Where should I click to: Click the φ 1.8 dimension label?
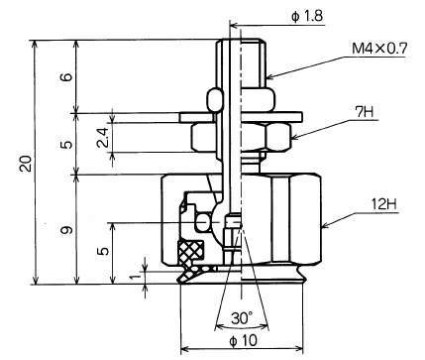307,16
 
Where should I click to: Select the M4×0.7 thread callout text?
379,49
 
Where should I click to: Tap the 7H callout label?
365,112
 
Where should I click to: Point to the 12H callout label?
384,204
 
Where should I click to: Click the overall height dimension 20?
26,163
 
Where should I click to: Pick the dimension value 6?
66,77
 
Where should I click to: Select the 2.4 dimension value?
103,137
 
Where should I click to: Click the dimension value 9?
66,230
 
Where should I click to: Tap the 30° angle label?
242,318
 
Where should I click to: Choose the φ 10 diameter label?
243,340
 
